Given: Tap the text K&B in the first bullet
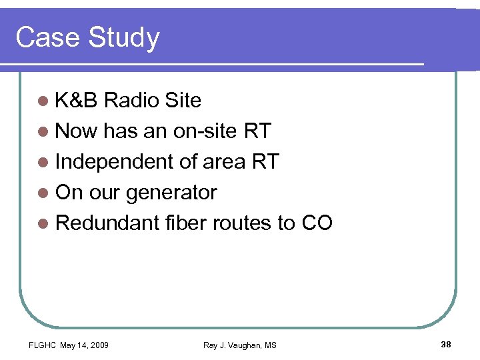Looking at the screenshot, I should pyautogui.click(x=77, y=101).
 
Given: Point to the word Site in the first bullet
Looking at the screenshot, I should pyautogui.click(x=182, y=101).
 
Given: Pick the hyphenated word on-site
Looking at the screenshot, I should pyautogui.click(x=205, y=131).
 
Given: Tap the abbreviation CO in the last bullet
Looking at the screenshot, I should pyautogui.click(x=317, y=223).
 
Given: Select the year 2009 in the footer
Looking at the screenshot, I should pyautogui.click(x=97, y=345).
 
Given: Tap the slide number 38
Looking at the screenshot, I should pyautogui.click(x=447, y=344).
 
